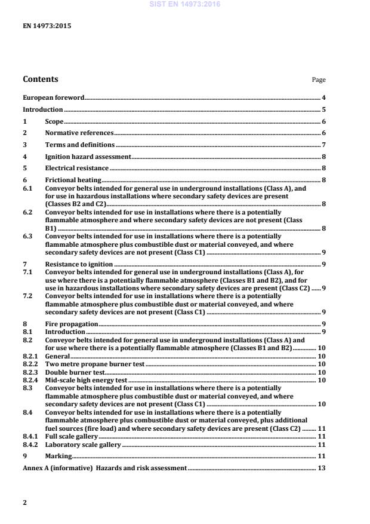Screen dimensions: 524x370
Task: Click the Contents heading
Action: [41, 79]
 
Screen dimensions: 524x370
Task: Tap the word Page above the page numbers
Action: [319, 80]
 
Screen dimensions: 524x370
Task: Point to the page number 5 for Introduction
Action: [323, 109]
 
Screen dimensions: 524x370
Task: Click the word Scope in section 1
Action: [54, 121]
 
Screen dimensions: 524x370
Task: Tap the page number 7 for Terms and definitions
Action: [323, 145]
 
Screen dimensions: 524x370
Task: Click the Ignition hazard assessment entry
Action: [88, 157]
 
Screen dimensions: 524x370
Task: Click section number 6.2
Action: [27, 212]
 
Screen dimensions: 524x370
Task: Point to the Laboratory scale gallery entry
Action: [83, 445]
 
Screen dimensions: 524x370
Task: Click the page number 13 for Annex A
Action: [321, 468]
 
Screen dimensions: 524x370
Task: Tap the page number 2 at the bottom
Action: [24, 502]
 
